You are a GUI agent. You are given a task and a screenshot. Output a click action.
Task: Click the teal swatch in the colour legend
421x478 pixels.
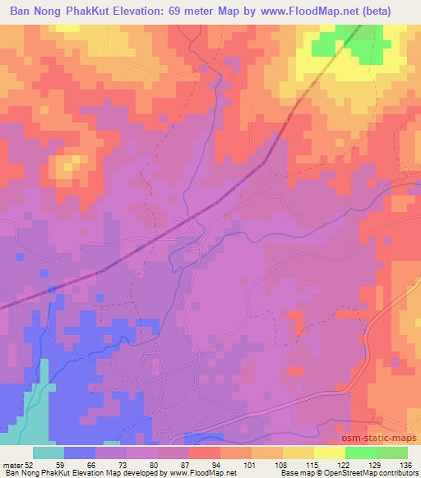click(x=49, y=453)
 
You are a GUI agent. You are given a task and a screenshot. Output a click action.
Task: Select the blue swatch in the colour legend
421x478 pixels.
click(x=80, y=453)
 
